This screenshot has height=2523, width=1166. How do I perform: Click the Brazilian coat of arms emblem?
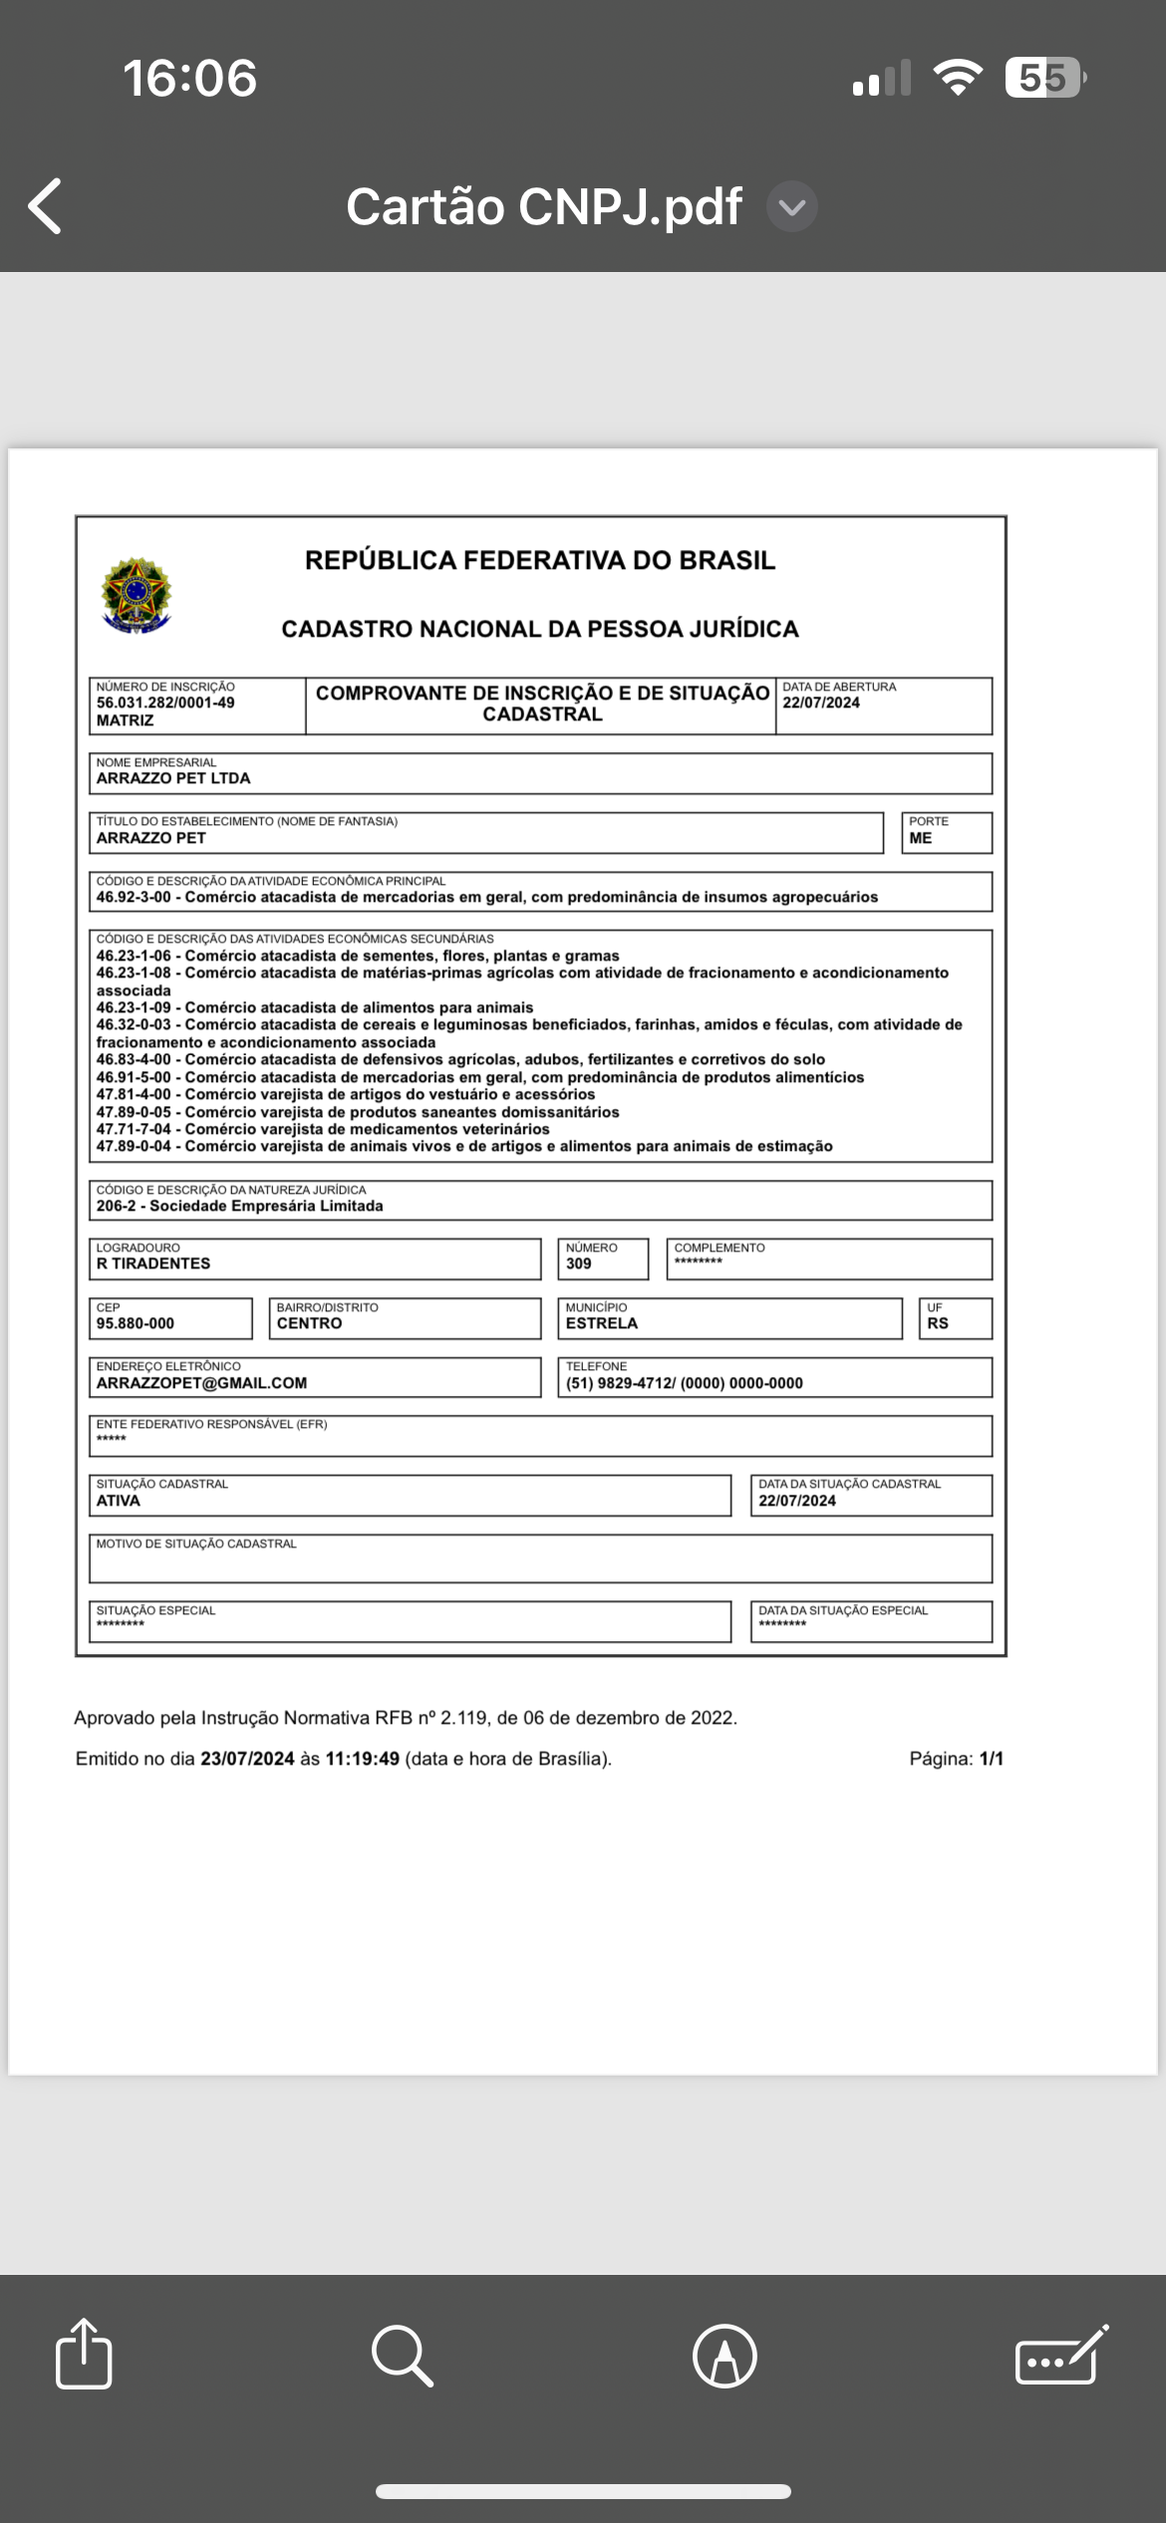[137, 595]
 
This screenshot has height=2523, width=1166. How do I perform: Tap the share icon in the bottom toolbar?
[84, 2355]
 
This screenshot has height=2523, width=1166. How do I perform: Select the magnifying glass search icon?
[402, 2356]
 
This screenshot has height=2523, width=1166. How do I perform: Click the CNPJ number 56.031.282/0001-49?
[165, 702]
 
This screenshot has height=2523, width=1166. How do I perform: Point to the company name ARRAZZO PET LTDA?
[173, 778]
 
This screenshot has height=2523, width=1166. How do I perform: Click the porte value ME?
[920, 838]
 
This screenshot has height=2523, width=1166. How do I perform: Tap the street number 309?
[578, 1263]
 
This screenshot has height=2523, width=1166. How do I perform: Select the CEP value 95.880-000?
[136, 1323]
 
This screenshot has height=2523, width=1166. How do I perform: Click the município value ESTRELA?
[601, 1323]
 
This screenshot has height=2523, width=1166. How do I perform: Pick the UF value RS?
[937, 1323]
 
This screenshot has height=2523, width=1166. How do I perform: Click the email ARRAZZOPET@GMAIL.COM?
[201, 1383]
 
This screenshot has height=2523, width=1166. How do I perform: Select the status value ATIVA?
[119, 1501]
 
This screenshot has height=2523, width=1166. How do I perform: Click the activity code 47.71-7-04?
[134, 1129]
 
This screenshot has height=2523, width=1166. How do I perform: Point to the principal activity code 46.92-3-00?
[134, 897]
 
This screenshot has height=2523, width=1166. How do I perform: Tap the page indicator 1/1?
[991, 1759]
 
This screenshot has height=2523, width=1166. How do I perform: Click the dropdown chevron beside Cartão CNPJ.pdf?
[792, 207]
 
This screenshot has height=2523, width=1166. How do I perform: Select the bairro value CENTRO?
[309, 1323]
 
